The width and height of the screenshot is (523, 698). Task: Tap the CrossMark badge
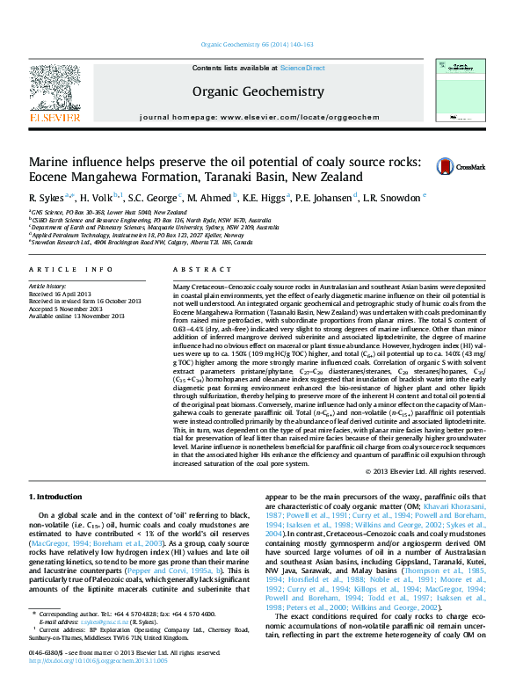[x=460, y=166]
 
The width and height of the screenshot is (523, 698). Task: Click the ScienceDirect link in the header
[x=302, y=68]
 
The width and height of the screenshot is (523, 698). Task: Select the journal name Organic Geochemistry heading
[x=258, y=91]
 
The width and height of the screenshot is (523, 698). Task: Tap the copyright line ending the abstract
[x=425, y=472]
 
